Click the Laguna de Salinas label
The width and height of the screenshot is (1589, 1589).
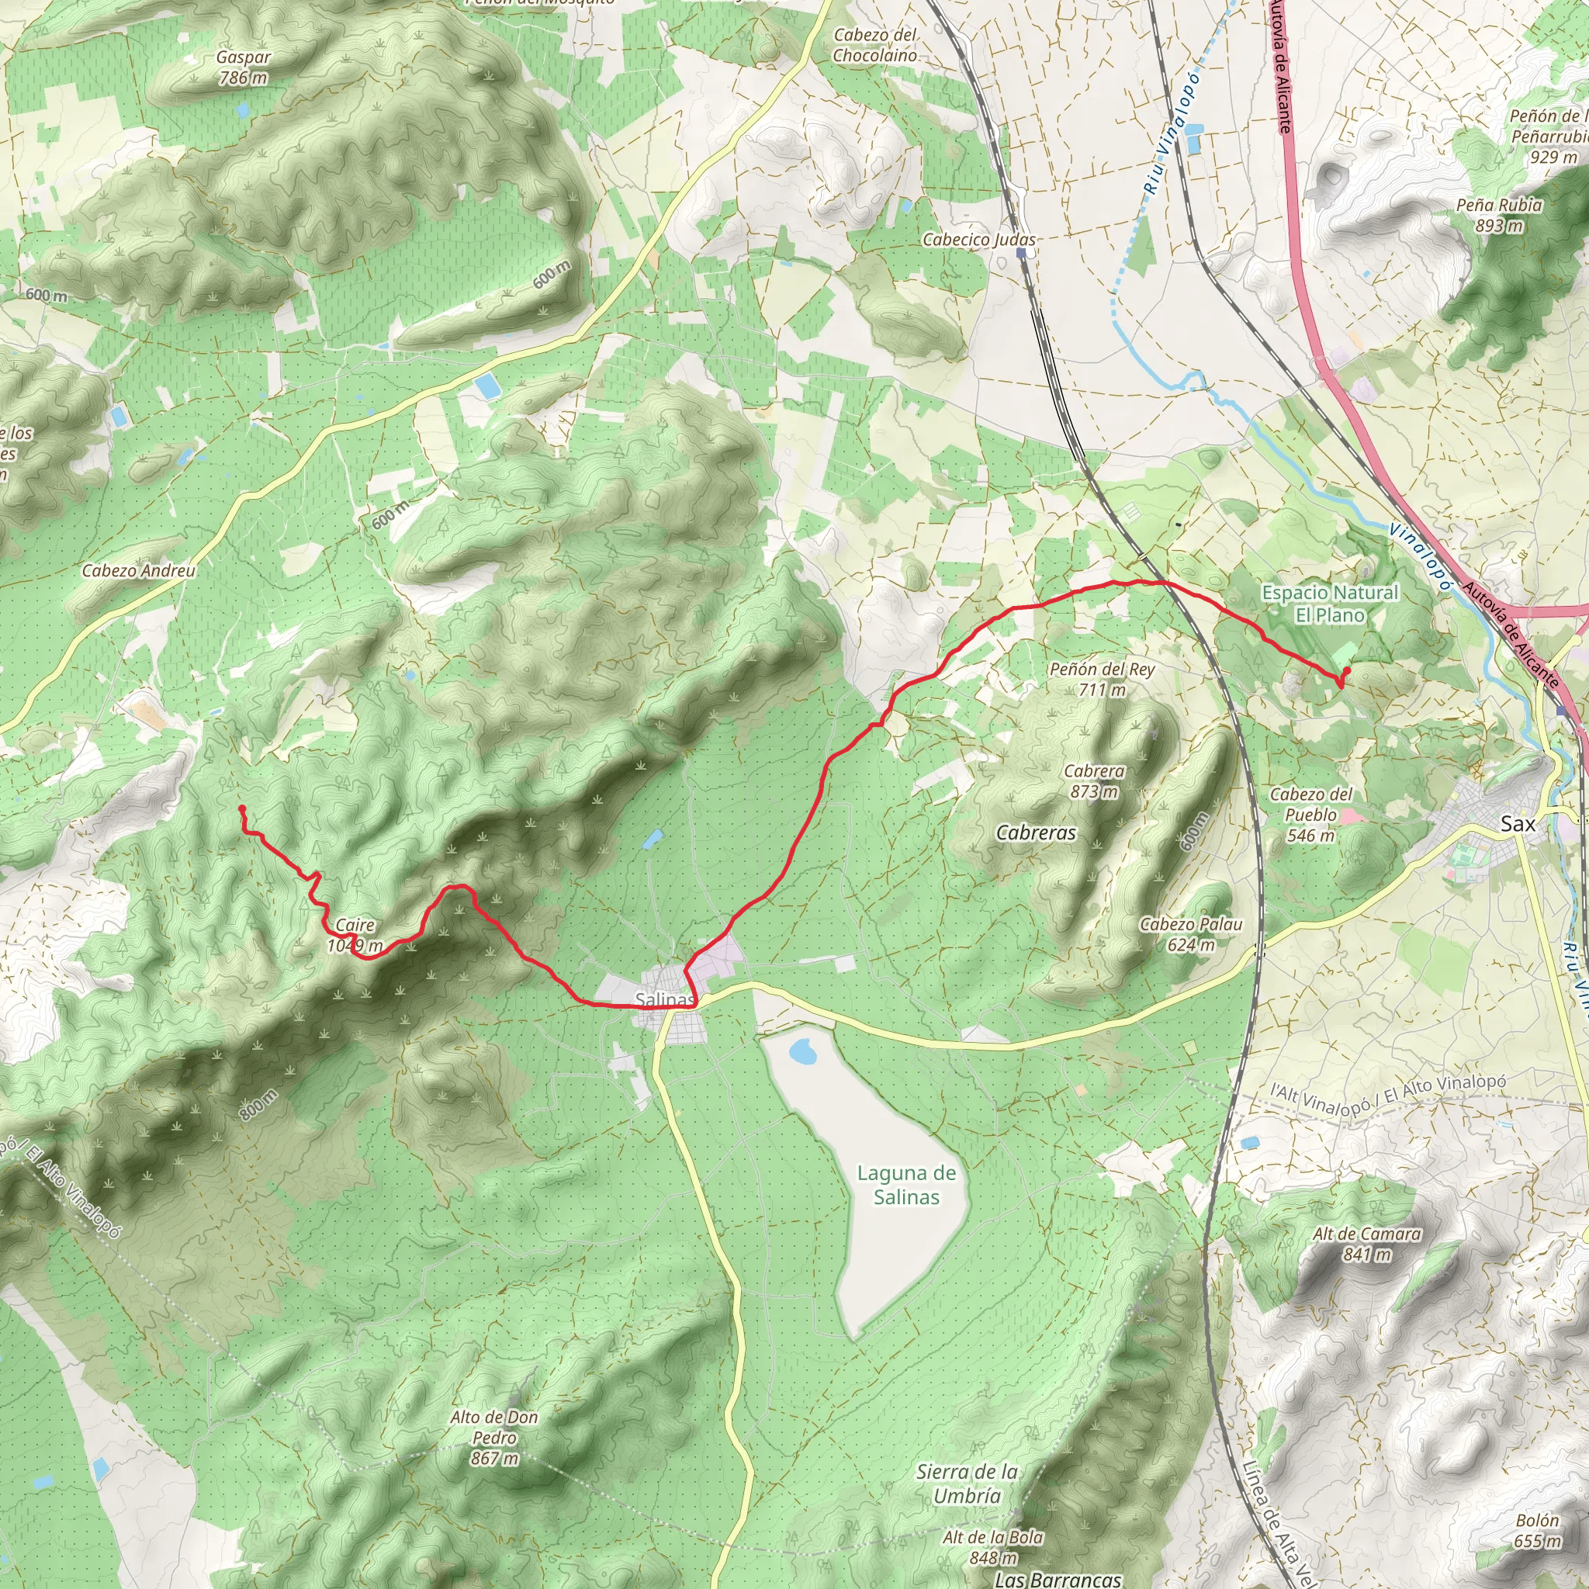pos(906,1186)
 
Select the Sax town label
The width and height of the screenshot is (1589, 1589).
pos(1518,823)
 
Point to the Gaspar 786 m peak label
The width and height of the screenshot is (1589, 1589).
pos(243,68)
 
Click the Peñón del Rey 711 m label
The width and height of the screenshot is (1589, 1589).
pos(1101,680)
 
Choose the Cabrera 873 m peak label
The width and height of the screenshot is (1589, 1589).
pos(1094,781)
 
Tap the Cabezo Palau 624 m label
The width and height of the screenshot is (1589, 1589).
pos(1191,934)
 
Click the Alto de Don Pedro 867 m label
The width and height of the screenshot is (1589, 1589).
pos(494,1438)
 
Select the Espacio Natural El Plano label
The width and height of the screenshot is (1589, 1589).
pos(1330,604)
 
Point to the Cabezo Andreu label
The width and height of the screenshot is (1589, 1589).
pos(139,571)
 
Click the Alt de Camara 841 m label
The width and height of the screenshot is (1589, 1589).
pos(1367,1244)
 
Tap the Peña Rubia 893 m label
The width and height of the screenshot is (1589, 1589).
pos(1498,215)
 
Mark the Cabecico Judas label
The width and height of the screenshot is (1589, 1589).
pos(978,239)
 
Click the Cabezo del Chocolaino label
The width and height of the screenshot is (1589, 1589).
pos(874,45)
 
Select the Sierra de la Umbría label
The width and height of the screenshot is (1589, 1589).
pos(968,1483)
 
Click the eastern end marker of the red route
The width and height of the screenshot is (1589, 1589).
pos(1345,672)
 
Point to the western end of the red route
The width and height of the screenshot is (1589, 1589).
pos(241,809)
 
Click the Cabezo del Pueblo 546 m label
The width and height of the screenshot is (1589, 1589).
pos(1310,814)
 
